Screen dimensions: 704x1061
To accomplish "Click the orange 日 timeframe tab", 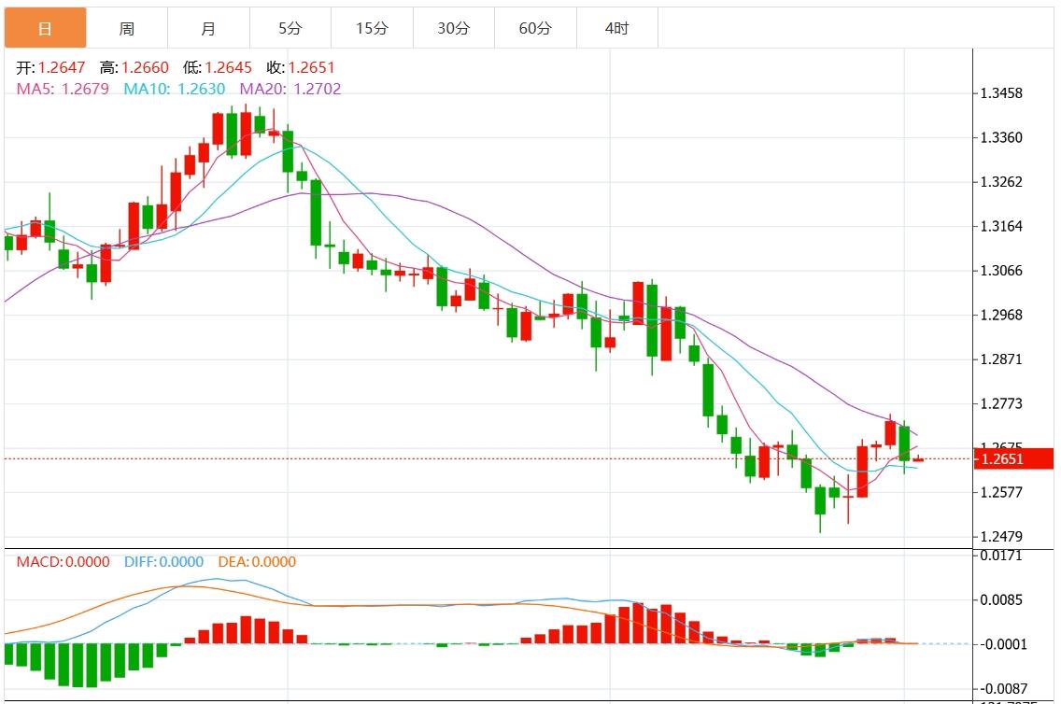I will click(x=45, y=28).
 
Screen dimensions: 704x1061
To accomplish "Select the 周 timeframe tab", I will click(x=127, y=28).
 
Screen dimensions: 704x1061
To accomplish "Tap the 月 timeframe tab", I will click(x=208, y=28).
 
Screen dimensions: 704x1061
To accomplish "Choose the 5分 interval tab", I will click(x=290, y=28).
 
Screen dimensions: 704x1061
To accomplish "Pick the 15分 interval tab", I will click(x=372, y=28).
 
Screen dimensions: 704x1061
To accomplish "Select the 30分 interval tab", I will click(x=454, y=28).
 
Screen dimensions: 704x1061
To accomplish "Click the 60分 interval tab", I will click(x=535, y=28).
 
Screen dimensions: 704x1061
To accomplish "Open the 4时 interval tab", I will click(x=616, y=28).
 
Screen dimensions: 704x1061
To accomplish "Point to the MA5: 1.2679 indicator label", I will click(x=64, y=89).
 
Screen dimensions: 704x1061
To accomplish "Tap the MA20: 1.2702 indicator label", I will click(x=290, y=89).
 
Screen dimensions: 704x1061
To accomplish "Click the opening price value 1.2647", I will click(x=62, y=67).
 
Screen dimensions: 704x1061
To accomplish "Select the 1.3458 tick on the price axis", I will click(x=1000, y=93).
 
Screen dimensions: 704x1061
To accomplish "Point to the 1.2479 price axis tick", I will click(x=1000, y=537).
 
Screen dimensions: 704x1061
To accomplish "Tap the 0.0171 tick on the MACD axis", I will click(x=1000, y=556).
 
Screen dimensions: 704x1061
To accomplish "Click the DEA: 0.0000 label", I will click(x=257, y=562).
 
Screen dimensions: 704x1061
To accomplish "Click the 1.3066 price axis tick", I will click(x=1000, y=271).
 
